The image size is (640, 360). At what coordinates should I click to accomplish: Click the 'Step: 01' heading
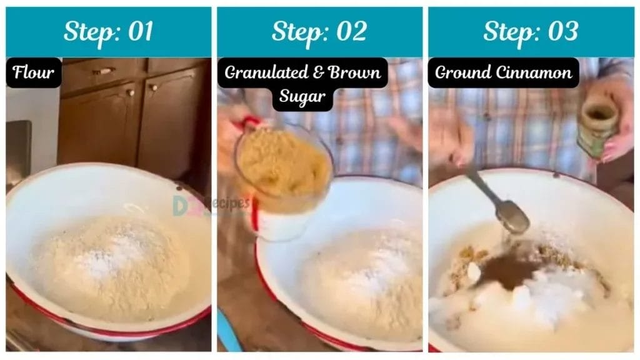[x=108, y=32]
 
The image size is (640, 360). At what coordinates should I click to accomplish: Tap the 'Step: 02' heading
[x=319, y=32]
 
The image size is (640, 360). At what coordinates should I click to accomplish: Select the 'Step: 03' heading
[x=531, y=32]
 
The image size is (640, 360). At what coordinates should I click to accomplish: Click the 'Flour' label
[x=34, y=73]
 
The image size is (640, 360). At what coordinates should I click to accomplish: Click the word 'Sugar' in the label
[x=302, y=97]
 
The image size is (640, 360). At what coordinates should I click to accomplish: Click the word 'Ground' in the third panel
[x=461, y=73]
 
